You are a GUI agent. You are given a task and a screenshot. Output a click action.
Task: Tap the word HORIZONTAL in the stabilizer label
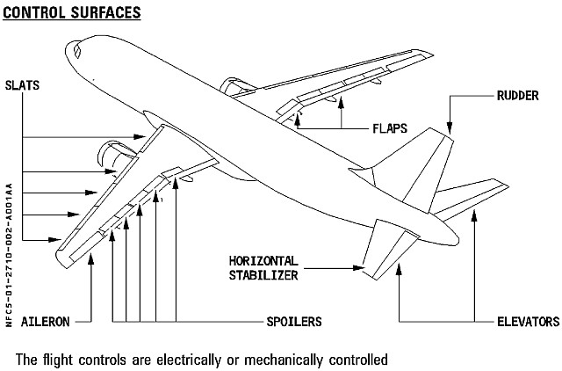[264, 261]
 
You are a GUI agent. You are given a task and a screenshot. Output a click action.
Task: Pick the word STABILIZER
[264, 274]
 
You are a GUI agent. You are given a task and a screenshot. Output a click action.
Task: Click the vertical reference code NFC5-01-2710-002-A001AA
[9, 255]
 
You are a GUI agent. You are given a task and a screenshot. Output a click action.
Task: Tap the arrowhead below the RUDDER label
[450, 129]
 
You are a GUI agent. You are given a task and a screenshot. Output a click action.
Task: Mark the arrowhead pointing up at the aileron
[92, 256]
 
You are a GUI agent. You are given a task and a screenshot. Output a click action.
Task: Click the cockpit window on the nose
[76, 53]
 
